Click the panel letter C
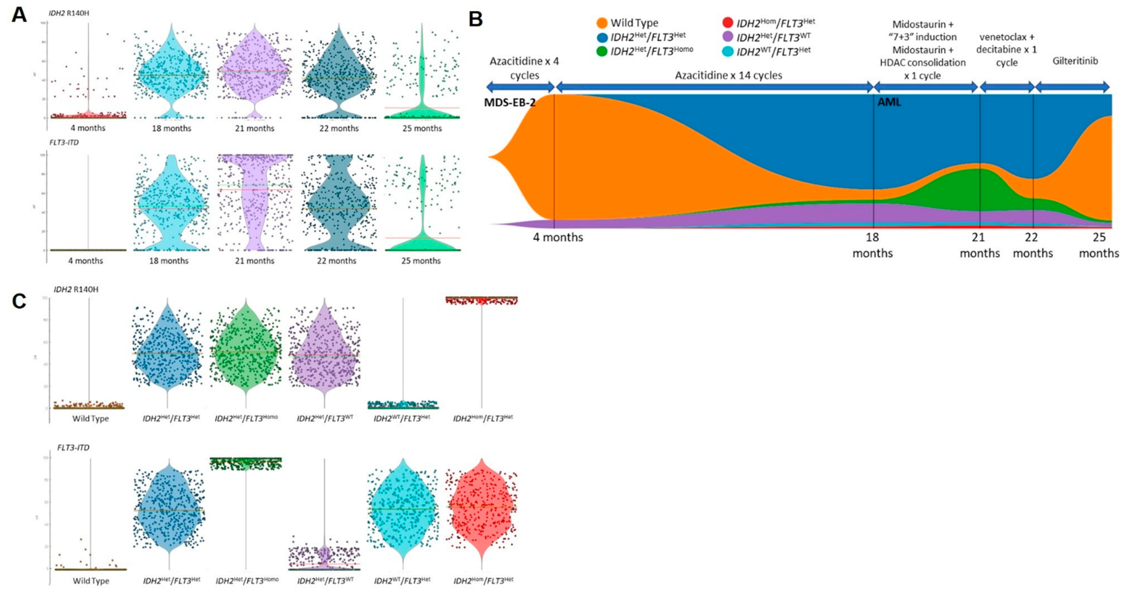point(19,301)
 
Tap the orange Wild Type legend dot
point(602,23)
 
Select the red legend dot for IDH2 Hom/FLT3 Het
point(728,22)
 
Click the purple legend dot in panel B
point(728,37)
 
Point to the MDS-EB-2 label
point(510,103)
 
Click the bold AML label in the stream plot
point(889,103)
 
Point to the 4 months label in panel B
point(558,238)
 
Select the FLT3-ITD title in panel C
point(73,448)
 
